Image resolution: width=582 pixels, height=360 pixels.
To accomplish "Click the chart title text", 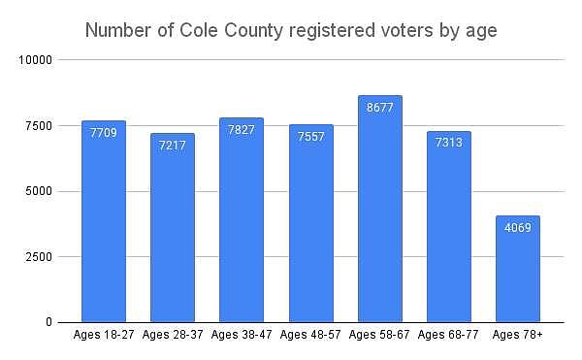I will click(291, 31).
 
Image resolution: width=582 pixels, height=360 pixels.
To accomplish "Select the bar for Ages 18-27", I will click(104, 233).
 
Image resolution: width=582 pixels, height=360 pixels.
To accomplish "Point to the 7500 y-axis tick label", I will click(39, 126).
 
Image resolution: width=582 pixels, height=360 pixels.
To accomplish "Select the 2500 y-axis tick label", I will click(39, 257).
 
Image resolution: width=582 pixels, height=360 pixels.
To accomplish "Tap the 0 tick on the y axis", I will click(48, 322).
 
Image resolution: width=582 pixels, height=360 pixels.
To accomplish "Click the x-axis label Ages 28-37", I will click(173, 336).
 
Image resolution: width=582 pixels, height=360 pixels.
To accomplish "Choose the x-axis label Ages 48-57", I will click(310, 336).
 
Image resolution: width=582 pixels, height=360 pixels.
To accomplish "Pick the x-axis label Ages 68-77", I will click(448, 336).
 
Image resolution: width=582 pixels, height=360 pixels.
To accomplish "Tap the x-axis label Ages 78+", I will click(517, 336).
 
